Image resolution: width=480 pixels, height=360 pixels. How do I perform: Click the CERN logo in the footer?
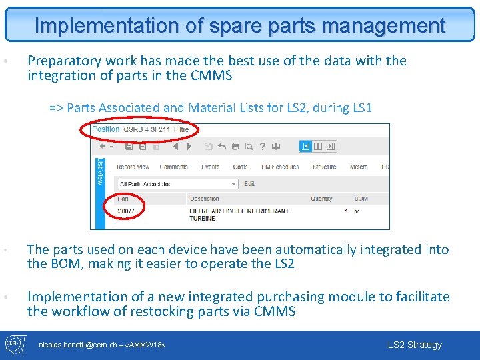(15, 345)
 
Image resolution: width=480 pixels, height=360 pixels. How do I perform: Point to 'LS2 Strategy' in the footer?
(415, 345)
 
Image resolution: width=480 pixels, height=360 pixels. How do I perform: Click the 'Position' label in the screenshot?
(106, 129)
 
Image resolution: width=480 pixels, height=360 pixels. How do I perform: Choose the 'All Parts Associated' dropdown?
(177, 184)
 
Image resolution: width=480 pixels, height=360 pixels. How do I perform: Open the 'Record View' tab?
(133, 167)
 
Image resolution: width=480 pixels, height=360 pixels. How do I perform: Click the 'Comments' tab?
(174, 167)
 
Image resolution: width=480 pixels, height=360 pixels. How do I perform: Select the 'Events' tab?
(211, 167)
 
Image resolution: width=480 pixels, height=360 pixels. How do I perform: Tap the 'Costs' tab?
(241, 167)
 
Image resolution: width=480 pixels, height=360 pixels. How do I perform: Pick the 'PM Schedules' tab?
(280, 167)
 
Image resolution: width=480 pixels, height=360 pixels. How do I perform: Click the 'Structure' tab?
(325, 167)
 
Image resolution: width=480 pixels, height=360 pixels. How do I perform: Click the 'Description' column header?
(204, 199)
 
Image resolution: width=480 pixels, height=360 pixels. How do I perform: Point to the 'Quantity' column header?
(321, 199)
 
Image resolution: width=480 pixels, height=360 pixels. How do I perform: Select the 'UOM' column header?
(361, 199)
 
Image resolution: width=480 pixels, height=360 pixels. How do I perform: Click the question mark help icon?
(263, 147)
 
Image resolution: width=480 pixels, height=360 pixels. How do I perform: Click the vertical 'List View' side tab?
(101, 172)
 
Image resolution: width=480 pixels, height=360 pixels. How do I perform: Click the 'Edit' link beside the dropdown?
(249, 184)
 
